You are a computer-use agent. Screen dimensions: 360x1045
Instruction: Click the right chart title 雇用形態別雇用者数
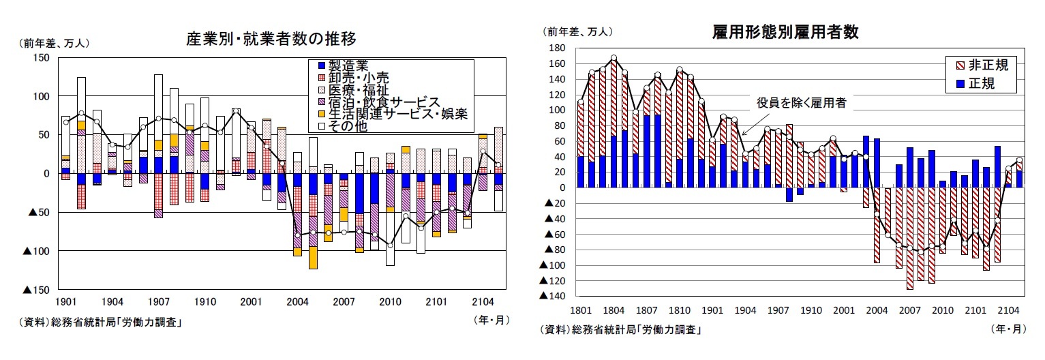click(785, 32)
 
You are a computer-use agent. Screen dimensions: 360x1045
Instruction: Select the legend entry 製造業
click(348, 66)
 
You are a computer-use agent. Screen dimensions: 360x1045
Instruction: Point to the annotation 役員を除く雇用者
click(801, 103)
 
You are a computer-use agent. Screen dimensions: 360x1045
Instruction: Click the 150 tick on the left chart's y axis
click(40, 58)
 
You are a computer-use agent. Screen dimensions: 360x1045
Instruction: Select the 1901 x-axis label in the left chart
click(65, 301)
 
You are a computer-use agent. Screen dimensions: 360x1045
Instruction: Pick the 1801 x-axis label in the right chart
click(580, 310)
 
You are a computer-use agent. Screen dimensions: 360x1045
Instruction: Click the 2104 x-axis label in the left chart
click(483, 301)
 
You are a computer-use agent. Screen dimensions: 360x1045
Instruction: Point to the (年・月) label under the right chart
click(1008, 329)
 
